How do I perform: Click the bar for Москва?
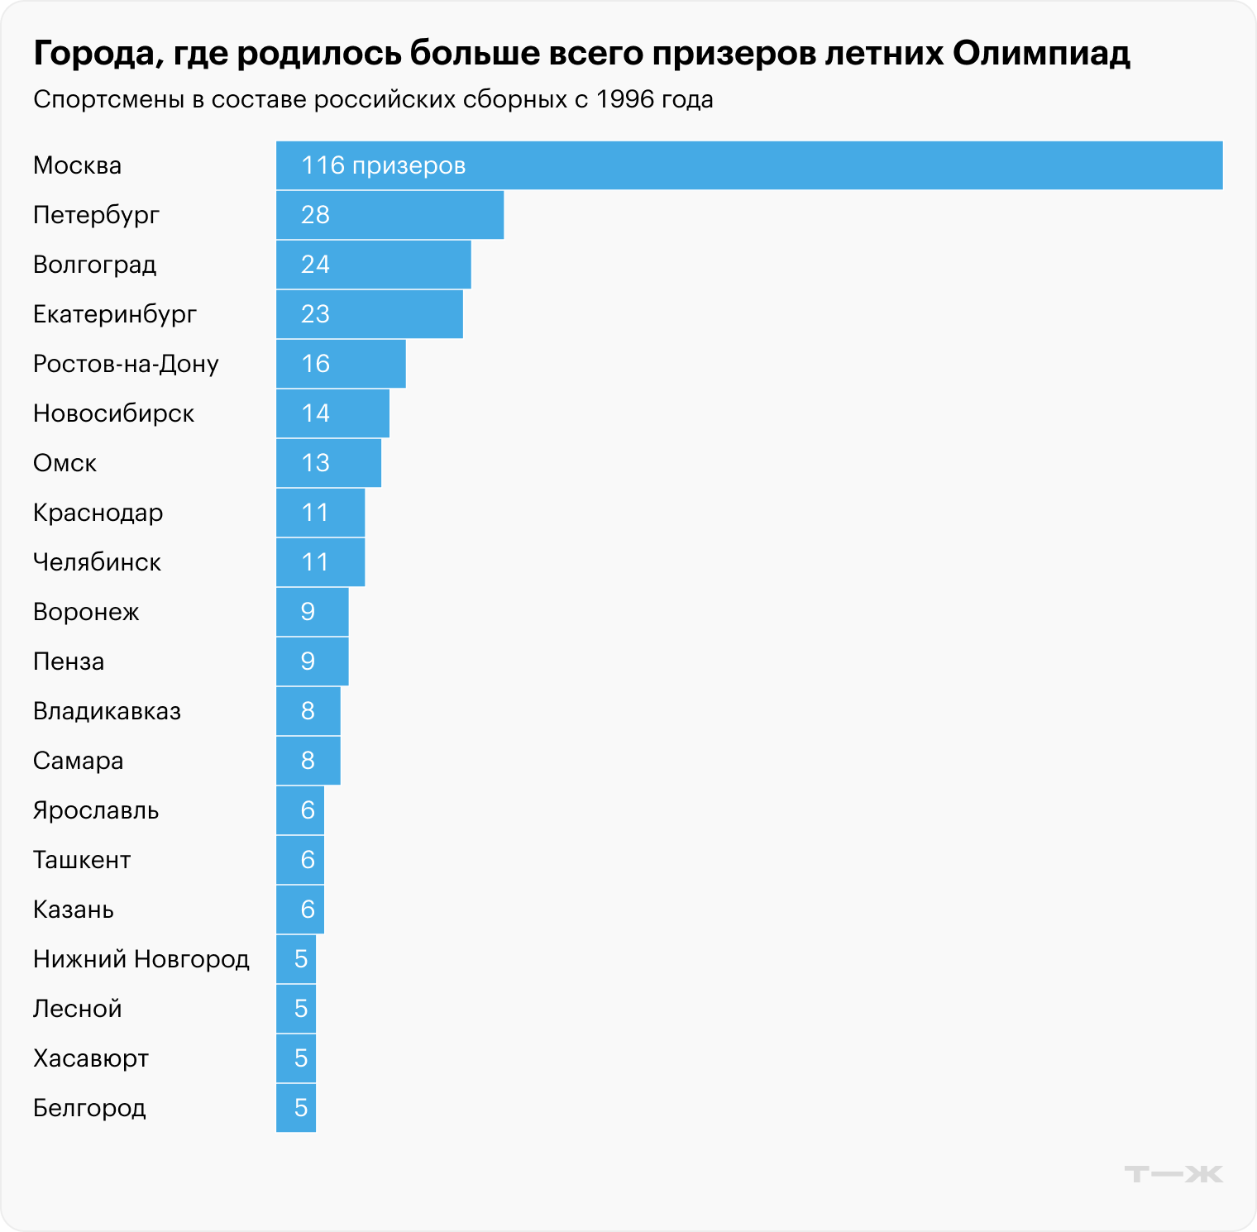748,165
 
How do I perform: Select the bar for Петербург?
390,215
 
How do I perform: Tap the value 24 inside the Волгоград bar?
315,265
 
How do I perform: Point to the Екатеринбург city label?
115,314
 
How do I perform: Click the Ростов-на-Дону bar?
341,364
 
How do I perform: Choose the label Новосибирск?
113,413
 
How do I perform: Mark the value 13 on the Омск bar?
315,463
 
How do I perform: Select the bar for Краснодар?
320,513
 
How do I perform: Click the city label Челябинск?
97,562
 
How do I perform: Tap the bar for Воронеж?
312,612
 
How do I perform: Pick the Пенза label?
69,661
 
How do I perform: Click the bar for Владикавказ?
308,711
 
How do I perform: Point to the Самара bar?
308,761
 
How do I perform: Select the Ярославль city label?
96,810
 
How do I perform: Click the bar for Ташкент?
299,860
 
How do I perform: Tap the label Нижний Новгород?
141,959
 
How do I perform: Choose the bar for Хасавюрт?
295,1058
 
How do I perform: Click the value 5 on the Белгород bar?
300,1108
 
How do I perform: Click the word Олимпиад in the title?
1041,54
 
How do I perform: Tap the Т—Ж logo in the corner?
1173,1173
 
